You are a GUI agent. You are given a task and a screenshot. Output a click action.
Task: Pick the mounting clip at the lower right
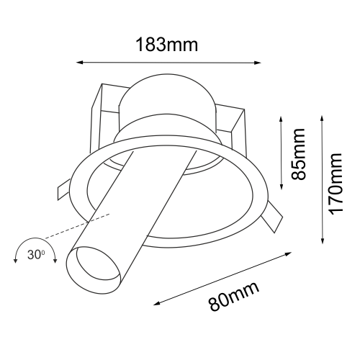pos(271,220)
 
